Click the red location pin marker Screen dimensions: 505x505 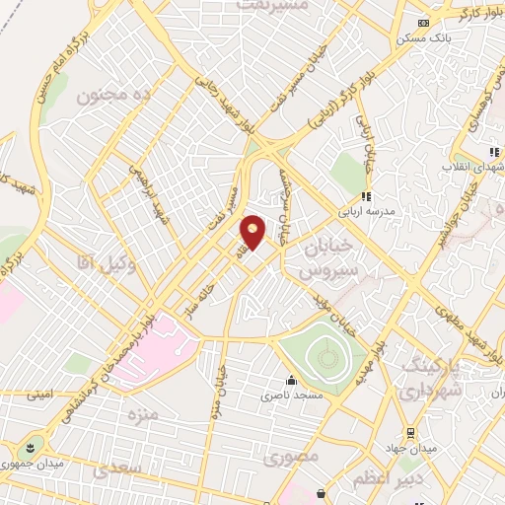(253, 232)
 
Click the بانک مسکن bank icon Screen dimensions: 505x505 (424, 24)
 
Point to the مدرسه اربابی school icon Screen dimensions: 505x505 (365, 196)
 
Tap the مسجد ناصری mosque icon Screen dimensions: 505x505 (291, 381)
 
